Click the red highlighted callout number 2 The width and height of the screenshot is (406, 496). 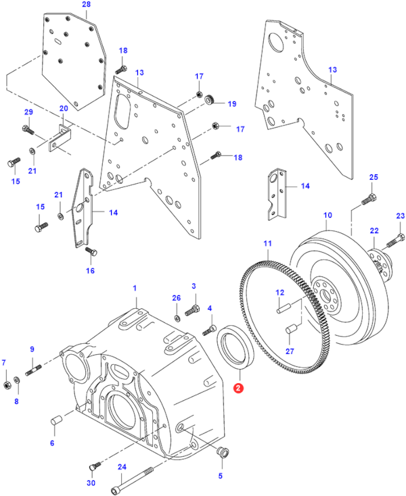(x=237, y=388)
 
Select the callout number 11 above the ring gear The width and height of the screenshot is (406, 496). (x=267, y=243)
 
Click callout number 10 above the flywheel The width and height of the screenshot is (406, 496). (x=328, y=216)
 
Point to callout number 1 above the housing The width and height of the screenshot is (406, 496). (x=135, y=289)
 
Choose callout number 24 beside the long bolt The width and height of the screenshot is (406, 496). (x=122, y=466)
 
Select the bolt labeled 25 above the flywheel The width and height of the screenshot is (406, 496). (x=367, y=199)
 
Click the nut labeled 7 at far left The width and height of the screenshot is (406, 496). (x=6, y=385)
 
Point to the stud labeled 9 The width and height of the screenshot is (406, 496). (x=34, y=370)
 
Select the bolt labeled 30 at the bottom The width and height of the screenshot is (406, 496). (x=94, y=466)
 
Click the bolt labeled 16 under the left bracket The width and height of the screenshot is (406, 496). (x=88, y=253)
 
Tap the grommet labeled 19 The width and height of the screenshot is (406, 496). (x=209, y=101)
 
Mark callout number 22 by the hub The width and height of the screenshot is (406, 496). (x=374, y=231)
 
